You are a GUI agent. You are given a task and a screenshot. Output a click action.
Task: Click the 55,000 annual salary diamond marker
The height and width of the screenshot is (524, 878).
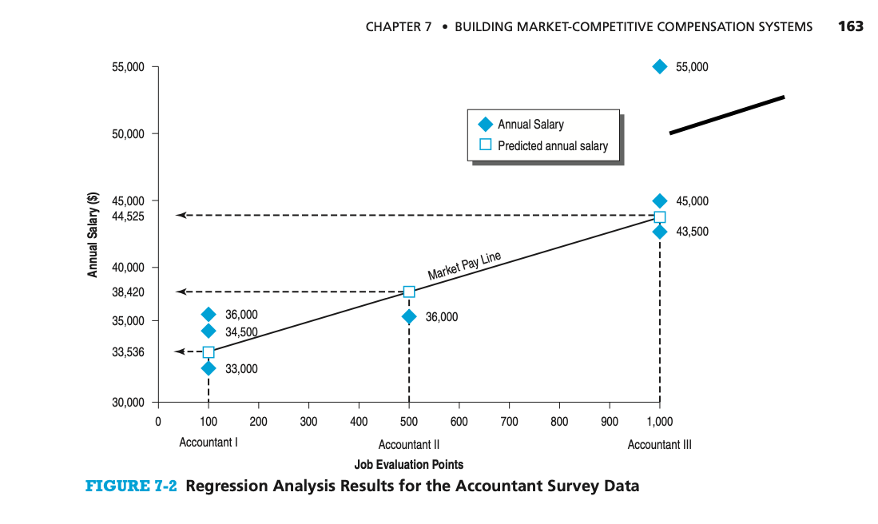[x=659, y=66]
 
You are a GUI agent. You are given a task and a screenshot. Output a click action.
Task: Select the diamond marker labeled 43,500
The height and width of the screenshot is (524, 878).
[x=659, y=232]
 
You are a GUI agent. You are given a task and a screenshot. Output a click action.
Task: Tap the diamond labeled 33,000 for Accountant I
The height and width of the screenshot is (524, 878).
[x=209, y=368]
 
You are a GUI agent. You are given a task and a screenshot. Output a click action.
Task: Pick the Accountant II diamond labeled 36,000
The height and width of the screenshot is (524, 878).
[x=409, y=316]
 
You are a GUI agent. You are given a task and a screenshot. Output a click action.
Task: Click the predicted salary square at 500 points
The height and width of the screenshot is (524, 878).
[x=409, y=292]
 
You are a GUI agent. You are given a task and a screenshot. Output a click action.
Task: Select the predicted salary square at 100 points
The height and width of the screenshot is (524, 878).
[x=209, y=352]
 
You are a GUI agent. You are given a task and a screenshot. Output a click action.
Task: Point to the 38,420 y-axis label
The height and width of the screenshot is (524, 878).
[x=128, y=292]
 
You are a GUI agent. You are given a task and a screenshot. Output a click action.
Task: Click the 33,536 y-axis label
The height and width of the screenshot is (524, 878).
[x=128, y=352]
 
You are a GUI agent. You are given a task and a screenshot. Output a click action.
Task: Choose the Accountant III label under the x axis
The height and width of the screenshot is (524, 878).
[x=659, y=445]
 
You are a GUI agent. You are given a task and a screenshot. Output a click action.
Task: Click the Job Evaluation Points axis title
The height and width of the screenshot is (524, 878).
[x=408, y=464]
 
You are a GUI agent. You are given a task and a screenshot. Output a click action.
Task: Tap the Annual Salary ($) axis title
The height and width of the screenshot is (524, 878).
[x=93, y=235]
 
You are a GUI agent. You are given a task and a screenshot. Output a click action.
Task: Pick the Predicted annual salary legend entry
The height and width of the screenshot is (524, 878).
[x=552, y=146]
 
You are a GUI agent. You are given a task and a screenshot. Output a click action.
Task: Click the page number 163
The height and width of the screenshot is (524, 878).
[x=851, y=26]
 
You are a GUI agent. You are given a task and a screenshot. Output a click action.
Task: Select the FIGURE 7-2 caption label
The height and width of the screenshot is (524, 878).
[x=131, y=486]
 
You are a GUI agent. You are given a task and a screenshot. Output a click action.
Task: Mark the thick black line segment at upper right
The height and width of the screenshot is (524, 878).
[x=726, y=114]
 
